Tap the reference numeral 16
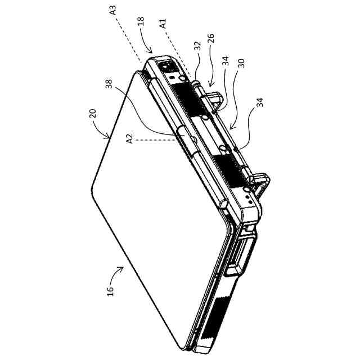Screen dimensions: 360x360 pyautogui.click(x=111, y=291)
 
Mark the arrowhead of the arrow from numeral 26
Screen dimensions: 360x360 pyautogui.click(x=209, y=87)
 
